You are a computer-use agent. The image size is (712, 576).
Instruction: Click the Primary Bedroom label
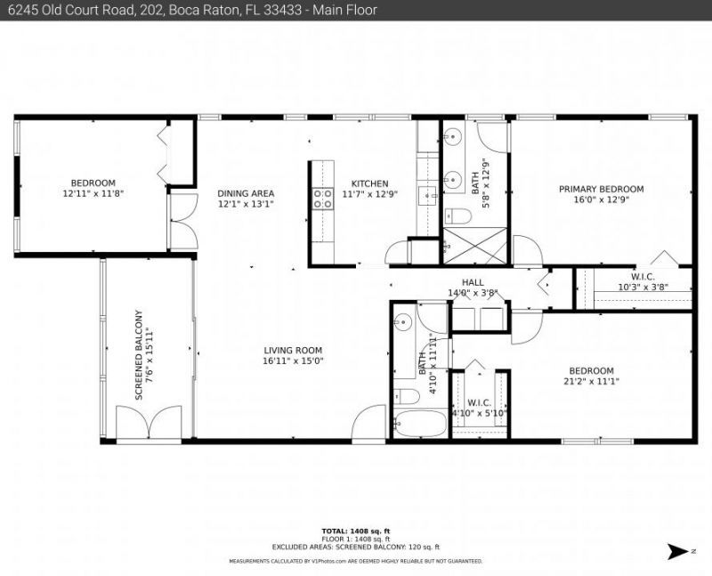(601, 189)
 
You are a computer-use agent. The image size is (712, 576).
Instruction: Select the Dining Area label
(246, 193)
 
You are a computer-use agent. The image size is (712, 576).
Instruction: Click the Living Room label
(292, 350)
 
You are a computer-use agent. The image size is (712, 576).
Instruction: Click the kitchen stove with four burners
(321, 199)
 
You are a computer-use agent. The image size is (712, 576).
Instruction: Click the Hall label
(473, 282)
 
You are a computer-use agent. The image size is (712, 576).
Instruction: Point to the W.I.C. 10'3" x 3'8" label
(643, 281)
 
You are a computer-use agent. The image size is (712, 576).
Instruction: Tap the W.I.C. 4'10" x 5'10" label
(479, 407)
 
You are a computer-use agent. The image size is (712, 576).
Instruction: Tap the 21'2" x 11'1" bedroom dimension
(591, 381)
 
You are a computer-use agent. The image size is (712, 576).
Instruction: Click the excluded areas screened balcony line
(356, 548)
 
